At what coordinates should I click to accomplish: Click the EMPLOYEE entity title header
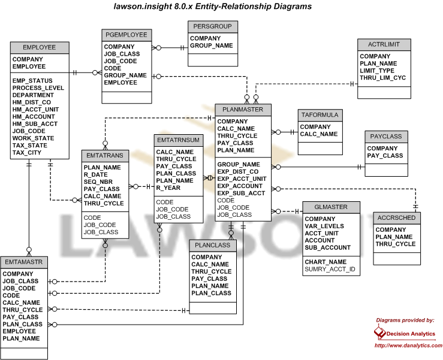pos(40,47)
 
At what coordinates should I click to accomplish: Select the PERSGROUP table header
pos(213,26)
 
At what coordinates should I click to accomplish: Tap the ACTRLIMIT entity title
pos(384,44)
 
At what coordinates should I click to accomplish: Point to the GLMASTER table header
pos(331,207)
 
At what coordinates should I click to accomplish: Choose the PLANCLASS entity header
pos(213,246)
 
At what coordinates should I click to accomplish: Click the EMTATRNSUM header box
pos(179,140)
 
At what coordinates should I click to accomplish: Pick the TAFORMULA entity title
pos(320,115)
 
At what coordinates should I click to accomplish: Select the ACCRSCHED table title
pos(397,218)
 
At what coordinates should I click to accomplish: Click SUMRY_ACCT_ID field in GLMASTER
pos(330,269)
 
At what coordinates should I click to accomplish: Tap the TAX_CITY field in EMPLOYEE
pos(27,153)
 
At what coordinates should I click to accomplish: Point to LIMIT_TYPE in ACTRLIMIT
pos(377,71)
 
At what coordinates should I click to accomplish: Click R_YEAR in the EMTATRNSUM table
pos(168,187)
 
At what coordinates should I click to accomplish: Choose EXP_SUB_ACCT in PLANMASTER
pos(241,193)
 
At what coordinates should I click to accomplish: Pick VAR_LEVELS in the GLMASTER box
pos(324,226)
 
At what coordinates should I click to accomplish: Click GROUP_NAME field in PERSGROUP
pos(212,46)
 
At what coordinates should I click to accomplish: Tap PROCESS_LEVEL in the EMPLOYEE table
pos(38,88)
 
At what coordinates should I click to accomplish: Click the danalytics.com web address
pos(408,345)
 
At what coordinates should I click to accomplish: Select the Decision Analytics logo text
pos(411,334)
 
